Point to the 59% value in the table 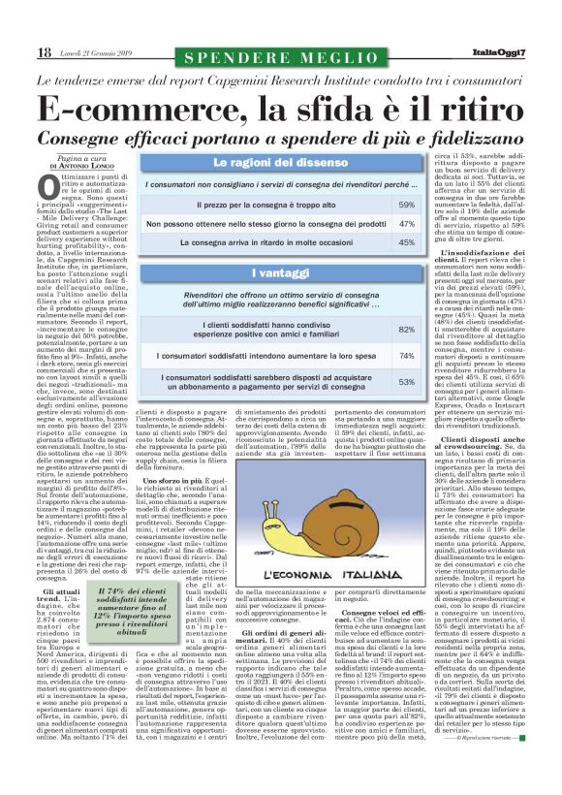[407, 206]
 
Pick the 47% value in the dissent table [407, 223]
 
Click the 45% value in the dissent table [407, 242]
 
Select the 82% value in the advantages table [407, 331]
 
